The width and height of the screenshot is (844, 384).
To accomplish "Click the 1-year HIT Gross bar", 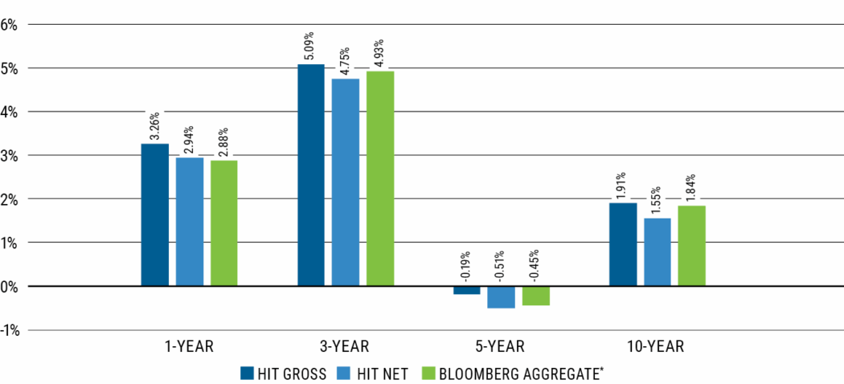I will [155, 214].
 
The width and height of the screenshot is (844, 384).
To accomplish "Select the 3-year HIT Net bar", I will [346, 182].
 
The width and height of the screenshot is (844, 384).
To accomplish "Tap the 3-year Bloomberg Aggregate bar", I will [380, 178].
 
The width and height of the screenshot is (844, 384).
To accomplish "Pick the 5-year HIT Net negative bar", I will [501, 297].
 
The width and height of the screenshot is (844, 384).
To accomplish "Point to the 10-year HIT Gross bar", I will [623, 244].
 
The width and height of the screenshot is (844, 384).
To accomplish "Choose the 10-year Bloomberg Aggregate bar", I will [691, 246].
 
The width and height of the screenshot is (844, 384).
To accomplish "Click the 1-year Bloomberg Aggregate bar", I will [224, 223].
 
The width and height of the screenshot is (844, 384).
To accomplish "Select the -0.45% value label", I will [535, 268].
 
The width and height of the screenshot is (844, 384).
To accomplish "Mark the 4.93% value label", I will [379, 52].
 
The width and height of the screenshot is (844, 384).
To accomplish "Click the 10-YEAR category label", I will [657, 347].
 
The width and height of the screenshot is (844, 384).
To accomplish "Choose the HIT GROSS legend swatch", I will [248, 373].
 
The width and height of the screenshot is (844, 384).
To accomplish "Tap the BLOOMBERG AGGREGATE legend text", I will [521, 373].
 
